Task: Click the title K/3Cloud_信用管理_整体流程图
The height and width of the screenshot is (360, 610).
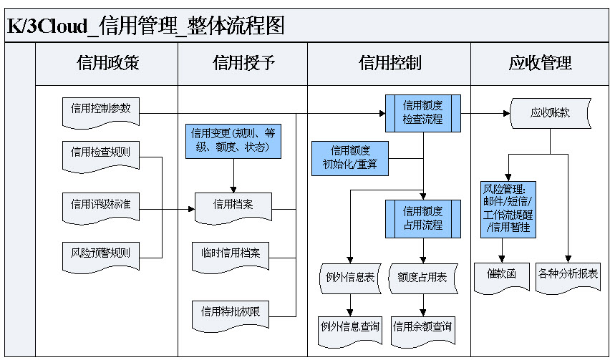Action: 146,26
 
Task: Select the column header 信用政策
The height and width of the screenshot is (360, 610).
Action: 107,62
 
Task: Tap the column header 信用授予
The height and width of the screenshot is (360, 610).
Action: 243,62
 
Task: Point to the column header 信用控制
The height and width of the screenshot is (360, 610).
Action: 389,62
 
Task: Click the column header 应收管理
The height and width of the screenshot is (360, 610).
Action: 540,62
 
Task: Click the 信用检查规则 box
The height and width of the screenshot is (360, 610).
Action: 101,153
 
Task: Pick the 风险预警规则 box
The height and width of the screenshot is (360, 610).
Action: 101,253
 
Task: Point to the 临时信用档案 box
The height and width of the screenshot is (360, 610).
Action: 231,254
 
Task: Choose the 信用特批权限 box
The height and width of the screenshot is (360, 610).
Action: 231,312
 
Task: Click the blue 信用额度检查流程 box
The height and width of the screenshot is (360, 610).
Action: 423,113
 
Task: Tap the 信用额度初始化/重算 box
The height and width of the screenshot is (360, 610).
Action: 350,159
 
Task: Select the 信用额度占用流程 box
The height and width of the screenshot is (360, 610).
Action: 423,218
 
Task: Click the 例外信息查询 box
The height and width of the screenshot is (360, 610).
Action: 350,327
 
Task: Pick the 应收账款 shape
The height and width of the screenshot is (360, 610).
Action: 550,113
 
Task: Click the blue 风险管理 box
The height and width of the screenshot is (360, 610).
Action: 508,209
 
